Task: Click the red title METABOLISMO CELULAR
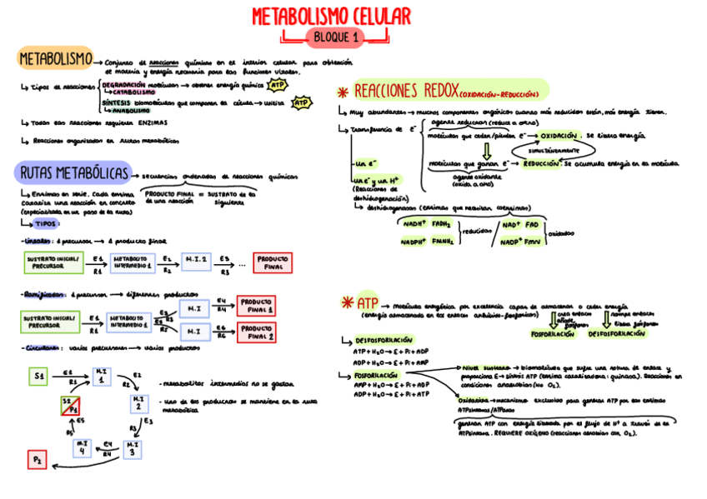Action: pos(331,17)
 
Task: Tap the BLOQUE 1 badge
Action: pos(334,37)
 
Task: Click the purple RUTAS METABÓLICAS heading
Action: pos(73,173)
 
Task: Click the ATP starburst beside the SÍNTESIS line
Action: pos(301,103)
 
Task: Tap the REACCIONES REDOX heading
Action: pos(404,90)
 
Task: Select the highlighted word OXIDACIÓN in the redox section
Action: pos(559,135)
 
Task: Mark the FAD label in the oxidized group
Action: pos(531,224)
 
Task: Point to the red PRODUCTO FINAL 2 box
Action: pos(258,332)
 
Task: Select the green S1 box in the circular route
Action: pos(38,377)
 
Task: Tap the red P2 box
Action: pos(38,459)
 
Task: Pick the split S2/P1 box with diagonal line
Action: pos(72,407)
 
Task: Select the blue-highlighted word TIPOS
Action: pos(47,224)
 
